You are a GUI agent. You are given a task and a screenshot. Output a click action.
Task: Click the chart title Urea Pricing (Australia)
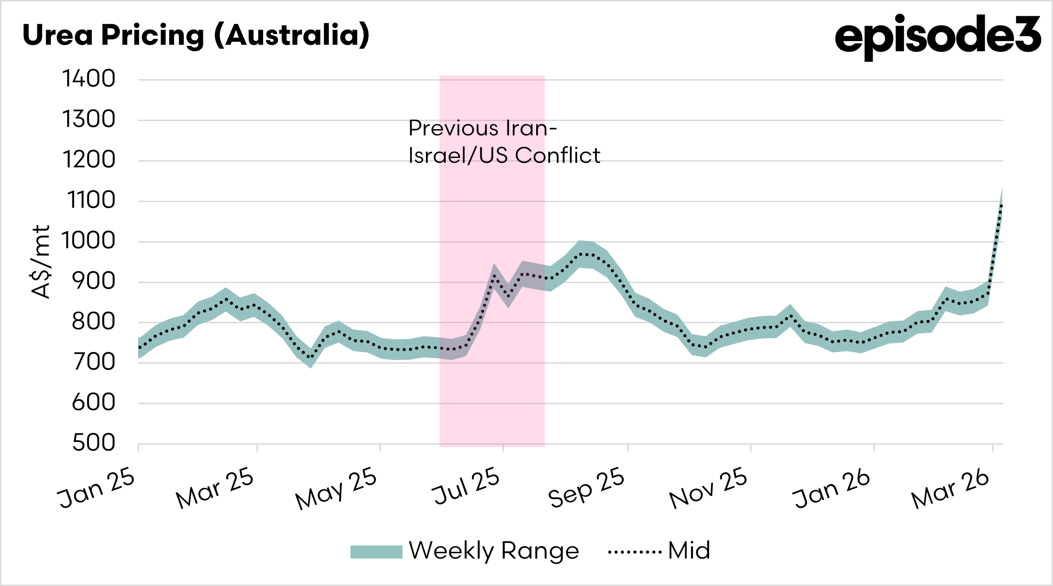(196, 35)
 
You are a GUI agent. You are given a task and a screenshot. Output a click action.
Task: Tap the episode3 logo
(937, 36)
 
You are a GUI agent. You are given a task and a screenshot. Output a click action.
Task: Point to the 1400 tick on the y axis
(89, 79)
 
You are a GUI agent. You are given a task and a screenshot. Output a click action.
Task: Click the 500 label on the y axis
(94, 443)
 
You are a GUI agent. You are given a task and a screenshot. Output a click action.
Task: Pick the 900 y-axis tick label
(94, 282)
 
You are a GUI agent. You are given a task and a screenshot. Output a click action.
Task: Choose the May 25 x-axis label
(336, 489)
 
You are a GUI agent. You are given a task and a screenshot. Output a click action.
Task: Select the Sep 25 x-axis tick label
(587, 488)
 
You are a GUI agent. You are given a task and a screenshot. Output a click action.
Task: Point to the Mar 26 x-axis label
(950, 490)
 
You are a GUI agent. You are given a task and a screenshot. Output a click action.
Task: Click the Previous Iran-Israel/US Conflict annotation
(504, 142)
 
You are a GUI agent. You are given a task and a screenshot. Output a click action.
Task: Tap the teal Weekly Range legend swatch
(376, 552)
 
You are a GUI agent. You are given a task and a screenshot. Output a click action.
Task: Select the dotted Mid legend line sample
(634, 552)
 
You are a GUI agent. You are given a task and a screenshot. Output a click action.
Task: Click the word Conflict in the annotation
(557, 156)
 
